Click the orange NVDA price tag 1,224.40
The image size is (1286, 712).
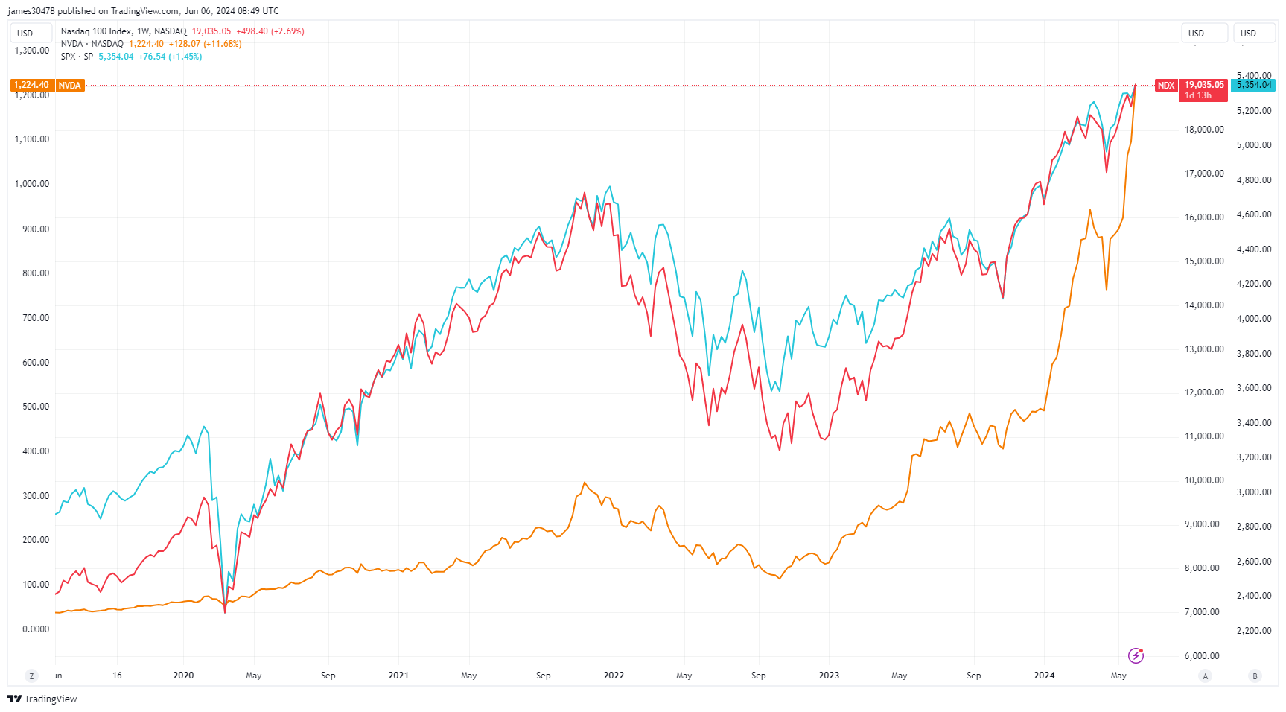pos(31,86)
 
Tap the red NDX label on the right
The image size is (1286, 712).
pos(1165,86)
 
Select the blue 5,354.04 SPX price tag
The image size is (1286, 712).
pos(1254,85)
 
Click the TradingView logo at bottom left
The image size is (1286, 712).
pos(42,699)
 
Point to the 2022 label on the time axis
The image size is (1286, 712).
pos(614,676)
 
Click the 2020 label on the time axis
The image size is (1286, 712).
pos(183,676)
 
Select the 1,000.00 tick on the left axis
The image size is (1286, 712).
pos(32,184)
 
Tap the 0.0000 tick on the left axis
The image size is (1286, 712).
pos(36,629)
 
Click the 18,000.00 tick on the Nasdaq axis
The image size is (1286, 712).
pos(1204,130)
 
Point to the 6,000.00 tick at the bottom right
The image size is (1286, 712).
pos(1202,656)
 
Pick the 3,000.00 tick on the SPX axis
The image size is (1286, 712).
pos(1254,492)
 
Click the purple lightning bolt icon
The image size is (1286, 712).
pos(1136,655)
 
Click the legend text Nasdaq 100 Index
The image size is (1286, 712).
pos(96,31)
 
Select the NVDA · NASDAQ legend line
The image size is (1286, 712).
pos(92,44)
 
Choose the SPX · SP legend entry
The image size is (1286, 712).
pos(77,57)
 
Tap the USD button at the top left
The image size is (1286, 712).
pos(25,33)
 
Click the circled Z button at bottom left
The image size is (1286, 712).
pos(31,676)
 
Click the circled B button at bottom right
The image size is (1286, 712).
pos(1255,676)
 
